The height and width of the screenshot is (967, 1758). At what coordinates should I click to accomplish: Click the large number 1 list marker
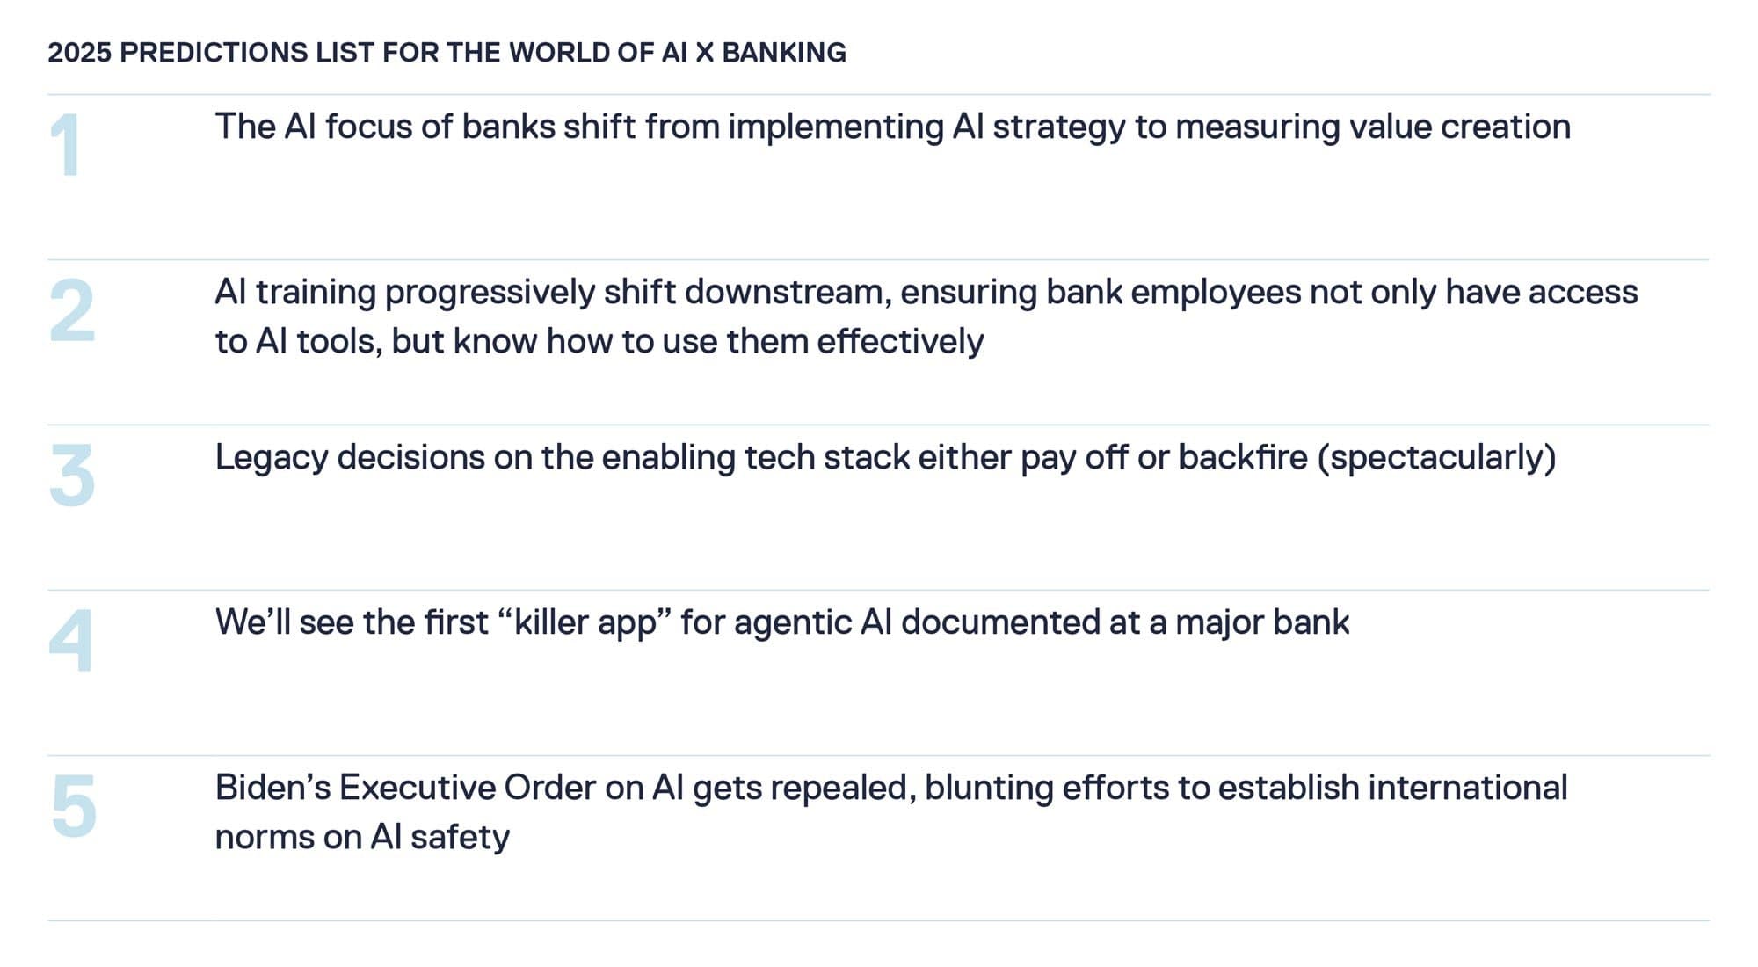pyautogui.click(x=65, y=145)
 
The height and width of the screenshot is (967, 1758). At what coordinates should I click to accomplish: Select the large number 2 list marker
pyautogui.click(x=71, y=310)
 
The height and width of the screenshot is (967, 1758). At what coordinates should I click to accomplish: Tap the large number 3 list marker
pyautogui.click(x=71, y=476)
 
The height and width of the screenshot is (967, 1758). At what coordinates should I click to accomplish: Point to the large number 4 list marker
pyautogui.click(x=70, y=641)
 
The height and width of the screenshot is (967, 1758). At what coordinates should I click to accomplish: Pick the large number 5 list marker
pyautogui.click(x=73, y=806)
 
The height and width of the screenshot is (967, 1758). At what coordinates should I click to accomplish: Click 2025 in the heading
pyautogui.click(x=79, y=53)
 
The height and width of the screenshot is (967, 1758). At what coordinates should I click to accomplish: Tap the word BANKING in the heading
pyautogui.click(x=784, y=53)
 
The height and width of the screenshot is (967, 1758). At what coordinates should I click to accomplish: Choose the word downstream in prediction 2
pyautogui.click(x=788, y=292)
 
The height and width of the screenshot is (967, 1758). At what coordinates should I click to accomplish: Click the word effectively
pyautogui.click(x=900, y=341)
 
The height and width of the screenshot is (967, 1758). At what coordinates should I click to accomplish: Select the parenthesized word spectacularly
pyautogui.click(x=1436, y=458)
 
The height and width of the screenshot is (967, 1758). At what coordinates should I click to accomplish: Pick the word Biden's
pyautogui.click(x=272, y=788)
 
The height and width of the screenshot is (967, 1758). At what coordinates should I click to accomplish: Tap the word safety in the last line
pyautogui.click(x=460, y=837)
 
